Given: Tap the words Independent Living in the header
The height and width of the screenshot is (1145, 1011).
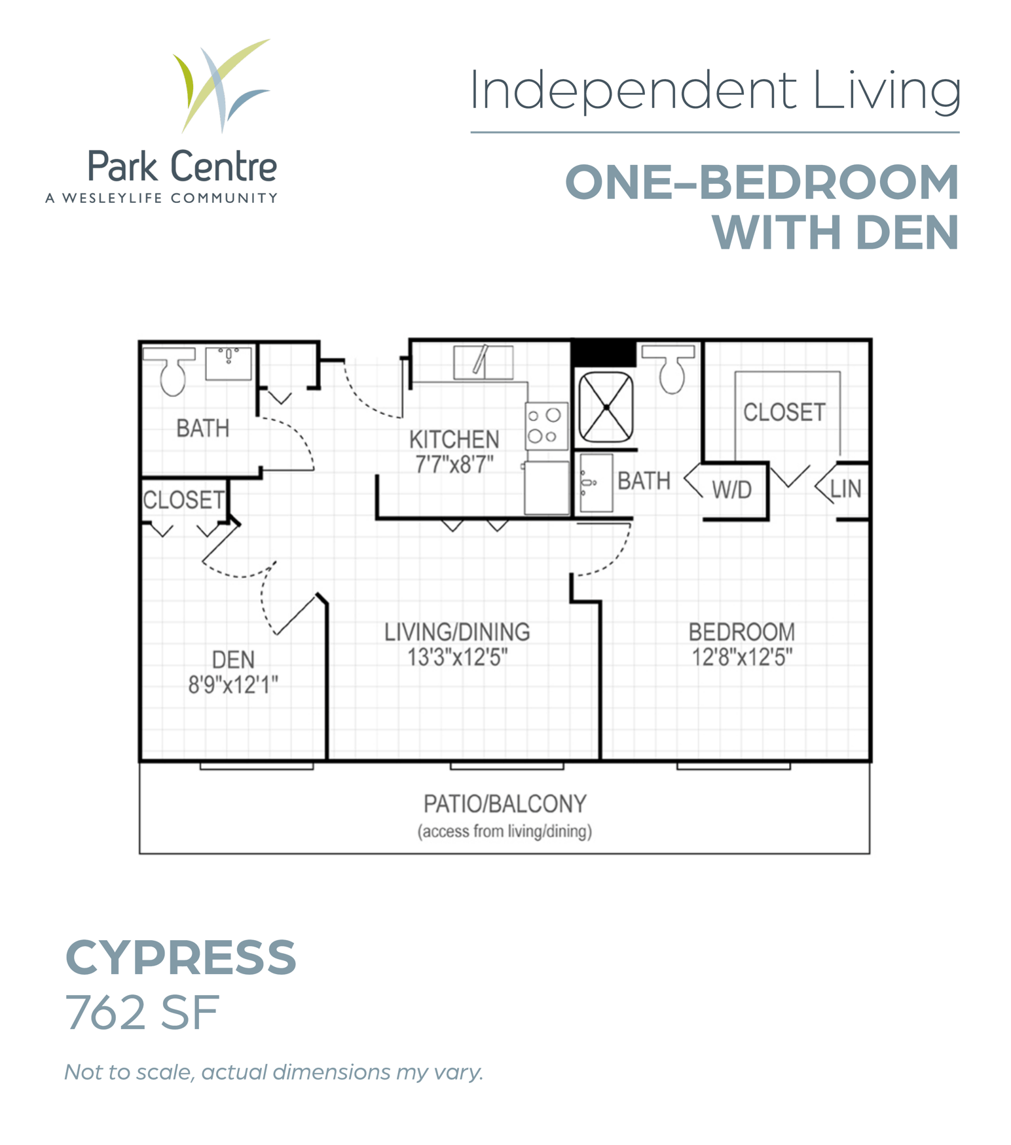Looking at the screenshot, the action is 715,91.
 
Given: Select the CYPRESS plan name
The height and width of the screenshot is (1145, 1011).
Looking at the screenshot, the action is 181,957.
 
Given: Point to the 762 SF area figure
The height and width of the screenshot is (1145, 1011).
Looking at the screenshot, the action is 142,1013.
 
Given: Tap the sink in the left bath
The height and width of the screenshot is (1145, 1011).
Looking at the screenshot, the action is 228,363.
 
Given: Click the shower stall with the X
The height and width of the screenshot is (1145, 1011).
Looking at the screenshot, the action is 606,407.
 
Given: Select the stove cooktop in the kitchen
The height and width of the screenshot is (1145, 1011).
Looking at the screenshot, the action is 545,426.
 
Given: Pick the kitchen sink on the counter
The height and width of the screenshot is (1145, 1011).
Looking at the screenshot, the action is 483,362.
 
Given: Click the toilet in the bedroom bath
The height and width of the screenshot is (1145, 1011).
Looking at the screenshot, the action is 669,369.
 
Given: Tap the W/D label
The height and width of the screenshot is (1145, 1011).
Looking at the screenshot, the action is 731,490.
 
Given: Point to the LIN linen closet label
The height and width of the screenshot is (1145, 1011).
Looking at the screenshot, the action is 845,488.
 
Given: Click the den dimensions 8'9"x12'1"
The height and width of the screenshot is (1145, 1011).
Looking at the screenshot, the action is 233,685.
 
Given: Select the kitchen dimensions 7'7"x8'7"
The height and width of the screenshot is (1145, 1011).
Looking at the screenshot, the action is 454,464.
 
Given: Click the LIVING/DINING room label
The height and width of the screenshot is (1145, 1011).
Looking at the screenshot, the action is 457,632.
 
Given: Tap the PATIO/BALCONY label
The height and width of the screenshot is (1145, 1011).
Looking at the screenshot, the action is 505,803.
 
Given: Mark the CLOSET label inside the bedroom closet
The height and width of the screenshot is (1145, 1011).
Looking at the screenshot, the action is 784,412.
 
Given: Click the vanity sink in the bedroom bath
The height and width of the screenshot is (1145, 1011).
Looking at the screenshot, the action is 596,482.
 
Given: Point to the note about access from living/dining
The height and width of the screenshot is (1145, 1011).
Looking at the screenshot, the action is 505,831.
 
